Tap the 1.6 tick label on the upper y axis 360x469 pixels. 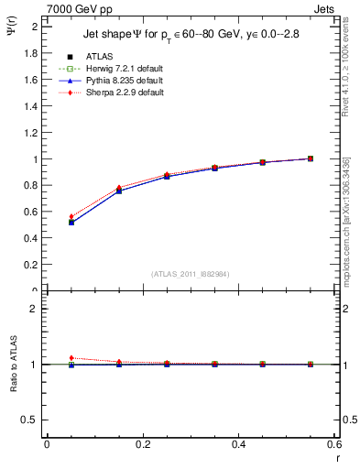pyautogui.click(x=30, y=80)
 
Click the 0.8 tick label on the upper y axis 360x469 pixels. pyautogui.click(x=30, y=186)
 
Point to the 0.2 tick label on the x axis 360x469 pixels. pyautogui.click(x=142, y=443)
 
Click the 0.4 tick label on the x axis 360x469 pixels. pyautogui.click(x=238, y=443)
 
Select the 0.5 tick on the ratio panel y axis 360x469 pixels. pyautogui.click(x=30, y=420)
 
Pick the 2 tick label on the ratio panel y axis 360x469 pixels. pyautogui.click(x=34, y=309)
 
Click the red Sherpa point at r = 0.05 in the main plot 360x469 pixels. pyautogui.click(x=71, y=216)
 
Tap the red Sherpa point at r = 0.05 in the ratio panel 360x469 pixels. pyautogui.click(x=71, y=358)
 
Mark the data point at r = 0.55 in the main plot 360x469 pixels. pyautogui.click(x=311, y=158)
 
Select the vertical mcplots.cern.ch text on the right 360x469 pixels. pyautogui.click(x=345, y=229)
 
